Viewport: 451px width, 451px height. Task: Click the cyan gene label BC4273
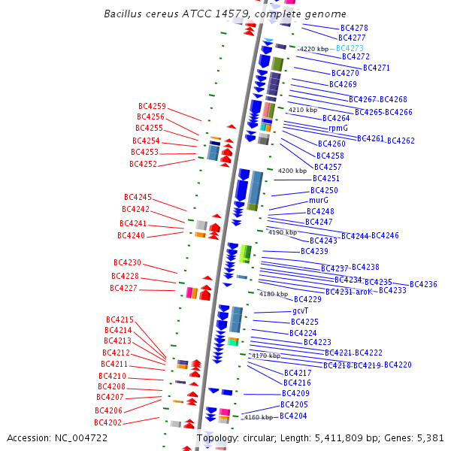[350, 47]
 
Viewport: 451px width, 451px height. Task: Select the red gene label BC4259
[152, 107]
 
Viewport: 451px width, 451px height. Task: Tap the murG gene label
[319, 201]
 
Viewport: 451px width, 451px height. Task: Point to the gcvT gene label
[301, 310]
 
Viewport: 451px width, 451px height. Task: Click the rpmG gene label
[338, 129]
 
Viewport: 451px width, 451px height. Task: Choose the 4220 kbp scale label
[314, 49]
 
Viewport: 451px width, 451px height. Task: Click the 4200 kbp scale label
[292, 171]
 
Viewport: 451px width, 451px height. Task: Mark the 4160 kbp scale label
[258, 417]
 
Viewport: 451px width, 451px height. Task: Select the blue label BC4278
[354, 28]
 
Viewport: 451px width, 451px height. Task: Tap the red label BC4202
[108, 422]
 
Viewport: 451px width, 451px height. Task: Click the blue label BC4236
[423, 284]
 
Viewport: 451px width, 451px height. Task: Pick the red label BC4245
[138, 197]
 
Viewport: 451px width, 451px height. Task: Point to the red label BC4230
[127, 263]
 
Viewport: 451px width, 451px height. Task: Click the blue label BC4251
[326, 179]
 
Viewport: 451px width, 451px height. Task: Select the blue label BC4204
[293, 416]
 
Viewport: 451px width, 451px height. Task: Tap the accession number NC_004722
[83, 437]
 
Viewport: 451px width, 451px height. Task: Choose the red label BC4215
[120, 319]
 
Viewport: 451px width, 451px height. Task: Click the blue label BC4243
[323, 241]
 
